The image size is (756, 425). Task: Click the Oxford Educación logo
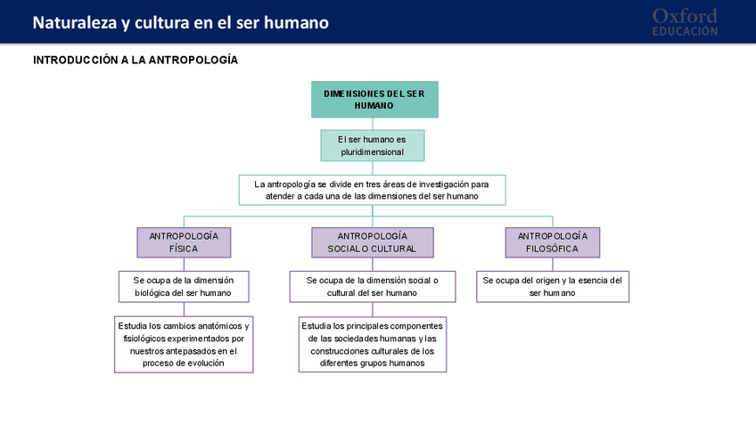[x=685, y=22]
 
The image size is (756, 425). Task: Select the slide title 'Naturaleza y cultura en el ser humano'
[x=181, y=22]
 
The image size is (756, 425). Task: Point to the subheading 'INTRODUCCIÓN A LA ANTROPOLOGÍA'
[x=136, y=60]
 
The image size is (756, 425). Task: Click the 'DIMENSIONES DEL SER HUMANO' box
[x=374, y=99]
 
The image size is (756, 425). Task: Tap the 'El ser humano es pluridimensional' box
[x=372, y=145]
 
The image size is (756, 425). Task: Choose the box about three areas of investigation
[x=372, y=190]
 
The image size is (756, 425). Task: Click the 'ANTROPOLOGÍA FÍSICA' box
[x=184, y=242]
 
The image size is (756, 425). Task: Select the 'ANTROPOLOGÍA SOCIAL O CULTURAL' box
[x=372, y=242]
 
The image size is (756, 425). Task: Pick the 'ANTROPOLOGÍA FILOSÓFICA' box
[x=553, y=242]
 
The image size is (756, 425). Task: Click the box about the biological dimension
[x=184, y=286]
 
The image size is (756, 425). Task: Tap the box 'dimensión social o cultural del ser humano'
[x=372, y=286]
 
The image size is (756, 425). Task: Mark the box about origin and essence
[x=553, y=286]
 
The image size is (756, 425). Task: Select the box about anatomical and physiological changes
[x=184, y=344]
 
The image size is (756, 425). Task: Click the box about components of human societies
[x=372, y=344]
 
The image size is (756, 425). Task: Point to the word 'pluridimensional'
[x=372, y=152]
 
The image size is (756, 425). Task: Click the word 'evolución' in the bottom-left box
[x=213, y=364]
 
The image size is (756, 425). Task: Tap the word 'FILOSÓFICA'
[x=553, y=249]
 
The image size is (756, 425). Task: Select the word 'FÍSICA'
[x=184, y=249]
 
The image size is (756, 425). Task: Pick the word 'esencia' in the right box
[x=592, y=280]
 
